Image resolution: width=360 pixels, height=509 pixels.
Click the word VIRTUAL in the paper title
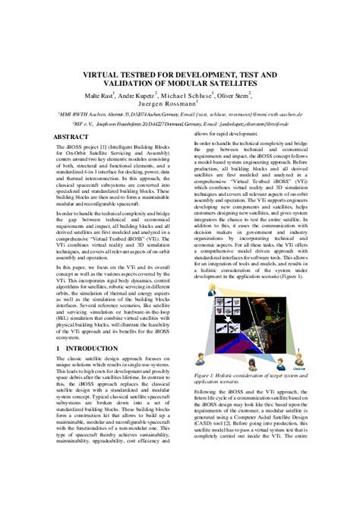coord(107,76)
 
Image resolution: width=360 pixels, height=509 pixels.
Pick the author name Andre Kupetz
coord(144,96)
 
